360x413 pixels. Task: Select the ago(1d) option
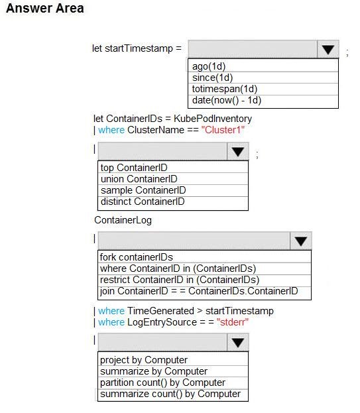coord(209,66)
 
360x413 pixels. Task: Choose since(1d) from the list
coord(212,78)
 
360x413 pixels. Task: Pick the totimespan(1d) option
coord(224,89)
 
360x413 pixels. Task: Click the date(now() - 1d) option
coord(227,100)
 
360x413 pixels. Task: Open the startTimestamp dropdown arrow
coord(328,49)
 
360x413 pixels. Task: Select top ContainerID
coord(134,168)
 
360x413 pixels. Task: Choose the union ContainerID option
coord(139,179)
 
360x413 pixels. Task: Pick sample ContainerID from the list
coord(143,190)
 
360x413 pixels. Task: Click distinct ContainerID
coord(143,202)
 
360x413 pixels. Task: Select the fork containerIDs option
coord(137,257)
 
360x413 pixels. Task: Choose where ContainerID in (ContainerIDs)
coord(178,268)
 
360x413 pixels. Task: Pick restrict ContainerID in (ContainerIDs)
coord(180,280)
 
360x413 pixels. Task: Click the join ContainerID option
coord(199,291)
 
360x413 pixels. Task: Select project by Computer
coord(144,360)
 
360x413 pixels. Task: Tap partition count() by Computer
coord(162,383)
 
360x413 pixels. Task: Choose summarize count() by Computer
coord(170,394)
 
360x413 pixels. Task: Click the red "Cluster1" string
coord(223,130)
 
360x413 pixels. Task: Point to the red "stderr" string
coord(233,322)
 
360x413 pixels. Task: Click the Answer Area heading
coord(45,8)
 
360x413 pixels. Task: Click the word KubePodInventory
coord(213,119)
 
